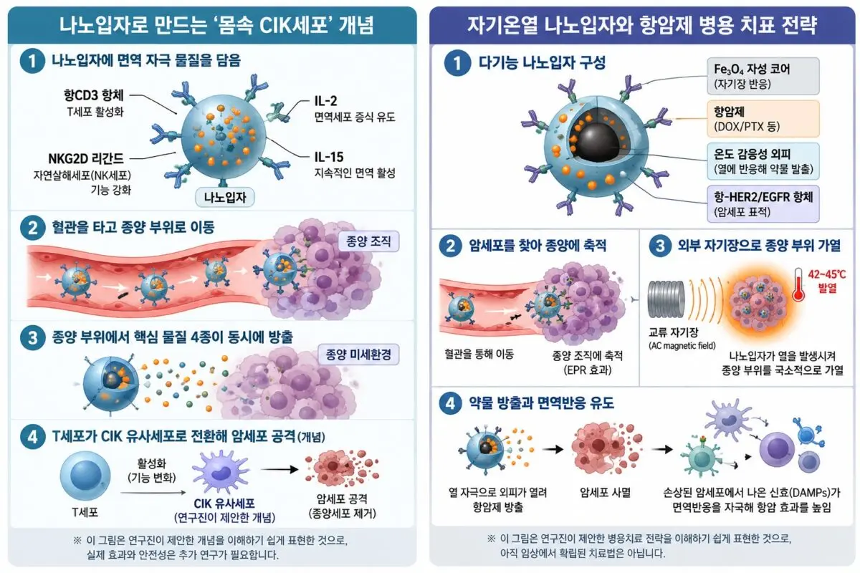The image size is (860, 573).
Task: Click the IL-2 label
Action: pyautogui.click(x=325, y=101)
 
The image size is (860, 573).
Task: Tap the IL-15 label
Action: pyautogui.click(x=329, y=157)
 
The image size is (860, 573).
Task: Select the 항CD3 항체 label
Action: pyautogui.click(x=94, y=95)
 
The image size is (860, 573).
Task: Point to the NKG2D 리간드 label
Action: pyautogui.click(x=85, y=158)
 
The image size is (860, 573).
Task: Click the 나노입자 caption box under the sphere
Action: pyautogui.click(x=224, y=197)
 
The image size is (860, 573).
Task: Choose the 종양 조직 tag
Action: pyautogui.click(x=368, y=241)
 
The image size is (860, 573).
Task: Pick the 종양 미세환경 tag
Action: pyautogui.click(x=358, y=355)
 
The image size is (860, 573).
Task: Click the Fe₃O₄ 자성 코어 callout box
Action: pyautogui.click(x=763, y=76)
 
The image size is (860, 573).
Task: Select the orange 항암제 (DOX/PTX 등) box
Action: pyautogui.click(x=763, y=119)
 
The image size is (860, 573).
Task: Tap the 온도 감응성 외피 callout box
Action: pyautogui.click(x=763, y=161)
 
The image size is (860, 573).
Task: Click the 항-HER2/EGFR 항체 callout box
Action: pyautogui.click(x=763, y=204)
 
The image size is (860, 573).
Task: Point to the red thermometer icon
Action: pyautogui.click(x=799, y=284)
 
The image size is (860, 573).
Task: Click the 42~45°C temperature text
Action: pyautogui.click(x=826, y=274)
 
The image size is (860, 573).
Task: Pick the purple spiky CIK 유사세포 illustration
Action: pyautogui.click(x=221, y=472)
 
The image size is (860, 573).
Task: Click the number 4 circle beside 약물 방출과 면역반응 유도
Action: pyautogui.click(x=450, y=403)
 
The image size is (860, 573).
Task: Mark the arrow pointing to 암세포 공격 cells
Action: pyautogui.click(x=279, y=469)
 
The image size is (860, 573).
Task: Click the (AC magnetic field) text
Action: pyautogui.click(x=682, y=346)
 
